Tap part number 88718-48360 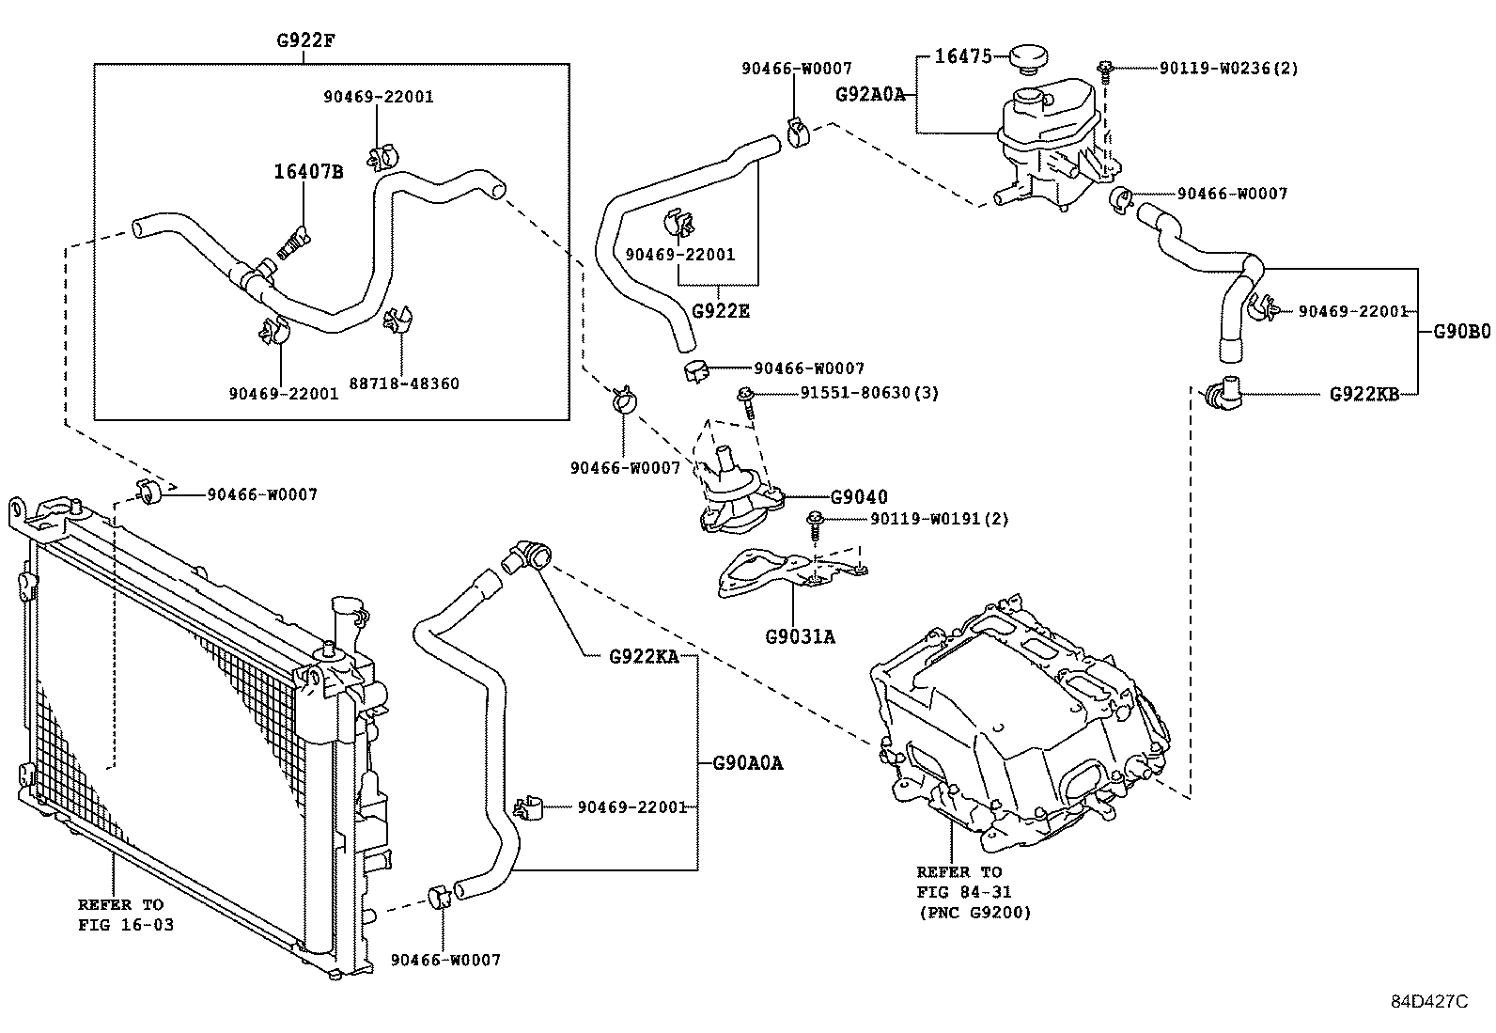pos(404,383)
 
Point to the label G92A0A pos(870,94)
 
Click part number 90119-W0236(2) pos(1228,68)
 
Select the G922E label pos(721,311)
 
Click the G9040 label pos(859,497)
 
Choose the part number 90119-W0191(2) pos(939,519)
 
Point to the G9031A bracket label pos(800,636)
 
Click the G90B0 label pos(1461,331)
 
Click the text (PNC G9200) pos(974,912)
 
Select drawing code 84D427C pos(1429,1002)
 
